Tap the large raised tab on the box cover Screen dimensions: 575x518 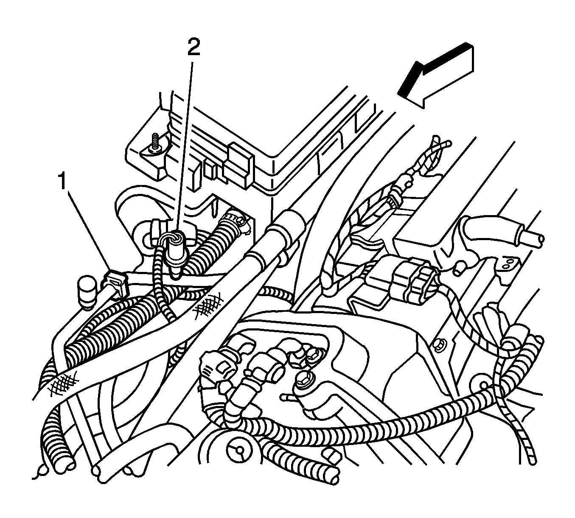[x=241, y=166]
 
